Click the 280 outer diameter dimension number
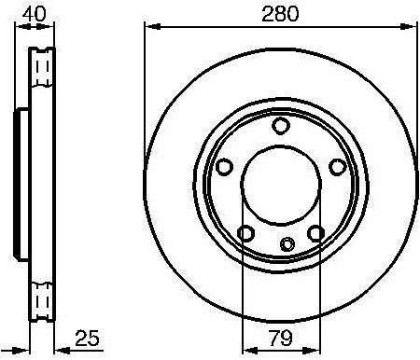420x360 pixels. (x=280, y=14)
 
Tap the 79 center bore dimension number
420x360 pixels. (x=280, y=339)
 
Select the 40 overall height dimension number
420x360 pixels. (x=35, y=14)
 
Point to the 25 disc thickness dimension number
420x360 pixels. (x=87, y=338)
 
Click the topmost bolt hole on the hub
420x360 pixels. (x=281, y=126)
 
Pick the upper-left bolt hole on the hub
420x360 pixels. (x=224, y=167)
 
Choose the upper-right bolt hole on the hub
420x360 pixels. (x=338, y=166)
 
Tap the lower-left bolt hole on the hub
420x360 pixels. (x=246, y=233)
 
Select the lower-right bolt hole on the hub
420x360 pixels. (x=315, y=233)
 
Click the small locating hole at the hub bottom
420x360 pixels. (x=287, y=244)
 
